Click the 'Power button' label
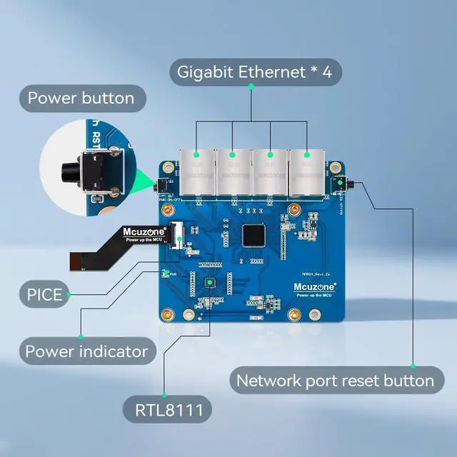[81, 99]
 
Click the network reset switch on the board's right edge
[342, 185]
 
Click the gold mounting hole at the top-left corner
[167, 167]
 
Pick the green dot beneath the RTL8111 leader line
[165, 395]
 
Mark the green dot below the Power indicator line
[81, 336]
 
